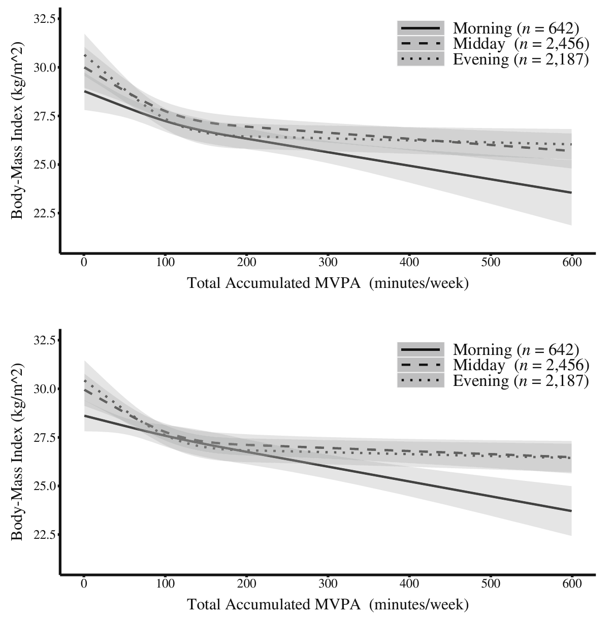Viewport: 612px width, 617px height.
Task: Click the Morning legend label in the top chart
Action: pos(516,28)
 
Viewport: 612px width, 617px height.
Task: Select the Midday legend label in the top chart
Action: pos(521,44)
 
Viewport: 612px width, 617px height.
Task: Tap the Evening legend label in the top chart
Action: pos(521,59)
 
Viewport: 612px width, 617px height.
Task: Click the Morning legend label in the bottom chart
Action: pos(516,350)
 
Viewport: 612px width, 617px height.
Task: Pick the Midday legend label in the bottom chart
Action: pos(521,365)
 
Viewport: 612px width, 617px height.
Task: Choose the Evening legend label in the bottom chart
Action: pos(521,381)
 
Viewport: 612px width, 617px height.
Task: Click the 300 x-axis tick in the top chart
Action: pos(328,263)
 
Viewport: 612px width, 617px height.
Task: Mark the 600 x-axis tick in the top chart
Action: pos(572,263)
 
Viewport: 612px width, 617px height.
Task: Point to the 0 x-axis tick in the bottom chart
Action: pos(84,584)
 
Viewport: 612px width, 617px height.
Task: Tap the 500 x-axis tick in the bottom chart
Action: pos(491,584)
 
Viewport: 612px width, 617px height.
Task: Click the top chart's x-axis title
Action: pos(328,283)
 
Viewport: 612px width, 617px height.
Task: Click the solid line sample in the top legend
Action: pos(421,28)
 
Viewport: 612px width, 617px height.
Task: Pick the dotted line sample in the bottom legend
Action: pos(421,381)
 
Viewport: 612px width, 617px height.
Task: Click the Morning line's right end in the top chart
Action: pos(571,192)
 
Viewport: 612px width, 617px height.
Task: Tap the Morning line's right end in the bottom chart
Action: pos(571,511)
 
